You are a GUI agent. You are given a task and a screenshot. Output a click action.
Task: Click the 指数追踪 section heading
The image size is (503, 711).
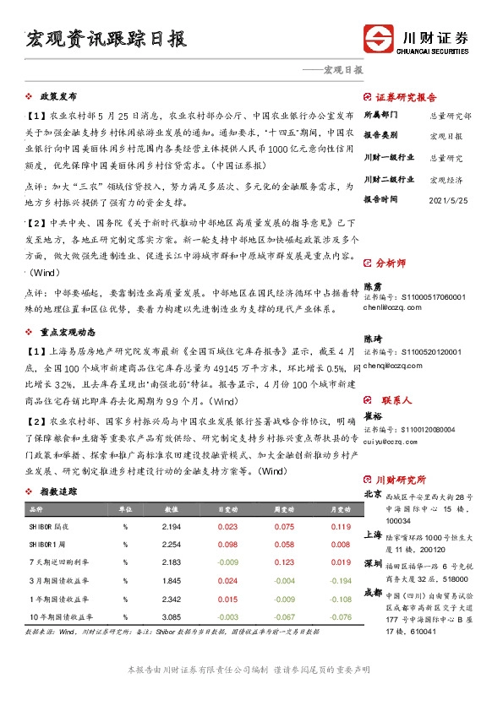[x=58, y=491]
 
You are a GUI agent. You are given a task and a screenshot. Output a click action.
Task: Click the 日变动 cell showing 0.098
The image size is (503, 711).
[x=227, y=544]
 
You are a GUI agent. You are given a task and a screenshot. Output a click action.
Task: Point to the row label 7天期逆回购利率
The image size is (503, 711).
[x=54, y=562]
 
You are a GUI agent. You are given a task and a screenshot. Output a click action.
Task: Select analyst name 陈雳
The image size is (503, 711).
[x=373, y=286]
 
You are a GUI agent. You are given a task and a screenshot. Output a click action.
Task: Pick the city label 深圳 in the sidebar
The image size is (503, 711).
[x=373, y=563]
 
